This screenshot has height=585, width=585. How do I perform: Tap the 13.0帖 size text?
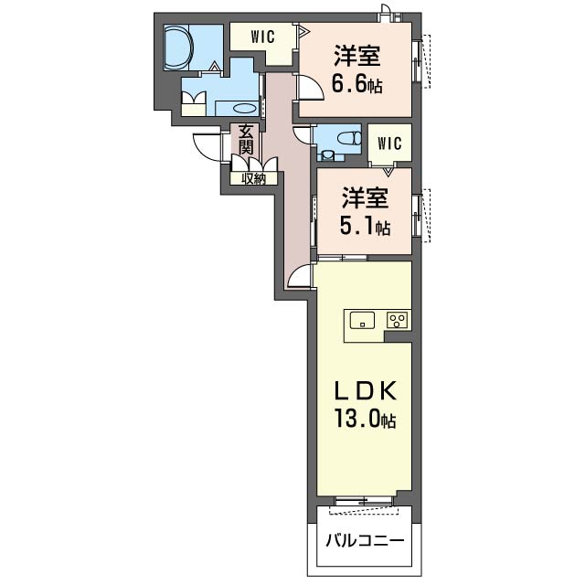(x=366, y=419)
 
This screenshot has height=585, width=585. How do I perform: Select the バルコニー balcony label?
(x=365, y=540)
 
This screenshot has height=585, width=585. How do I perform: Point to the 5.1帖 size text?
(x=366, y=226)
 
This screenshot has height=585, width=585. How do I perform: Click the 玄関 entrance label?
(x=246, y=140)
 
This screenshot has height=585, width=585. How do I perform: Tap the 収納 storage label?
(x=254, y=179)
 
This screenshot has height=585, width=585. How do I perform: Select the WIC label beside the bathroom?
(x=263, y=37)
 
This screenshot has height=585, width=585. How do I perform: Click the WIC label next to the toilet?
(x=389, y=144)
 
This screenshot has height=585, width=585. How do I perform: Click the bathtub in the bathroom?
(x=178, y=47)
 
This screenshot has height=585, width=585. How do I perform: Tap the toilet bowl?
(x=349, y=138)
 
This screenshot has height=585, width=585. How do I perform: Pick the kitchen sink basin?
(x=362, y=320)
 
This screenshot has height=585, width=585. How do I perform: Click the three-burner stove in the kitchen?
(x=398, y=320)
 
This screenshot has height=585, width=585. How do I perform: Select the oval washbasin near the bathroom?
(x=245, y=108)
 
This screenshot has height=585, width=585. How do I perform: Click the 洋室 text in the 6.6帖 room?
(x=357, y=56)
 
